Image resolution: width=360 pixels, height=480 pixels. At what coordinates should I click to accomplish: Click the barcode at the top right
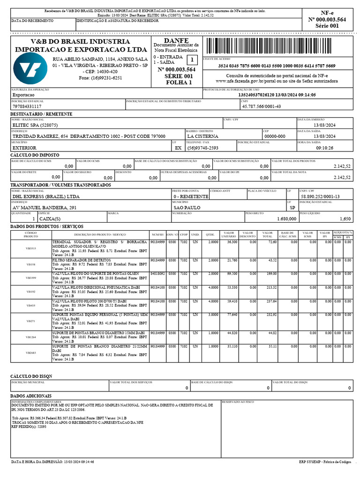pos(278,47)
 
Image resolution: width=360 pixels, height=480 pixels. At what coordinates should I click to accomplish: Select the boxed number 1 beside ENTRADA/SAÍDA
pos(192,60)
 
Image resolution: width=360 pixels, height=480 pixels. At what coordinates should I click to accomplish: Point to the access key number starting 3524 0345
pos(277,66)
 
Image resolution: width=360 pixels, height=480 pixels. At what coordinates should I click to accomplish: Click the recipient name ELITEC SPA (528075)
pos(35,125)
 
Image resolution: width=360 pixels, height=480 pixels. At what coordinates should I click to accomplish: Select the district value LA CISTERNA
pos(202,136)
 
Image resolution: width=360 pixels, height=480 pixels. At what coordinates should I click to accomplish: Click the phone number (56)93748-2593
pos(202,148)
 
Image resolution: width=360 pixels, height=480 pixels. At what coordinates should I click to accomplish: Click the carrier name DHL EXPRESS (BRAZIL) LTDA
pos(45,196)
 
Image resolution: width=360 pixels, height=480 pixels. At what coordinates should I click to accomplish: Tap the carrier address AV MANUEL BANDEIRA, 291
pos(45,207)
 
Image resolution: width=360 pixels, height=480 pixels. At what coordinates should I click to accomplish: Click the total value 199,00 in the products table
pos(269,274)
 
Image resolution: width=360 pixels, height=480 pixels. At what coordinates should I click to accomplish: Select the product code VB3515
pos(31,248)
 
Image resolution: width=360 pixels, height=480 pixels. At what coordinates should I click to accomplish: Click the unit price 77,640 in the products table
pos(232,315)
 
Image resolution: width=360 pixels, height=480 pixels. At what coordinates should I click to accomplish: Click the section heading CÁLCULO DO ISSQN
pos(32,376)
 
